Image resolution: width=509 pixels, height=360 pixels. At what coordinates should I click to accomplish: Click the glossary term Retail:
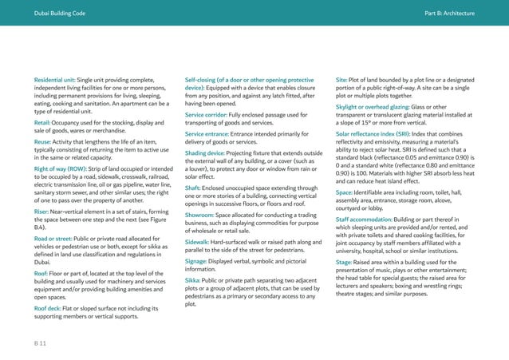click(43, 123)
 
